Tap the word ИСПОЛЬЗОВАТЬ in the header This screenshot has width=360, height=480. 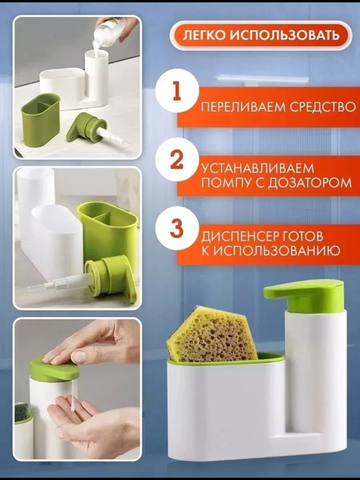click(284, 36)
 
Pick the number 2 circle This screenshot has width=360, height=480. click(177, 159)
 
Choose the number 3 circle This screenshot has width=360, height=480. click(177, 228)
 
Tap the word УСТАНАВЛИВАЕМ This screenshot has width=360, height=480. click(258, 168)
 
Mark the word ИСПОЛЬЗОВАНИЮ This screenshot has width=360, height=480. click(276, 251)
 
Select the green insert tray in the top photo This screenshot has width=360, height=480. click(40, 120)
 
